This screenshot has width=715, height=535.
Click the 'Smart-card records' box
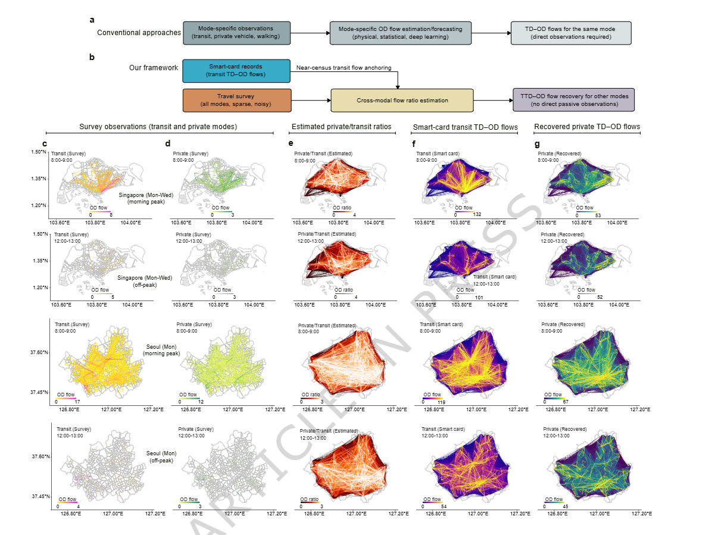(x=236, y=71)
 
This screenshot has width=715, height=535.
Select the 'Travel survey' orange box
(x=237, y=101)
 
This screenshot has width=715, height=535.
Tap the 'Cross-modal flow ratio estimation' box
(x=402, y=101)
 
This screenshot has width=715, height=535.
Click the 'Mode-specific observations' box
(x=236, y=33)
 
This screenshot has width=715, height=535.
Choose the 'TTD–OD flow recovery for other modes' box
(x=574, y=100)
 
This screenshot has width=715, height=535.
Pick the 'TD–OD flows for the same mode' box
(x=571, y=33)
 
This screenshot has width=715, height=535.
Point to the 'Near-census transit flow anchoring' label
(x=344, y=68)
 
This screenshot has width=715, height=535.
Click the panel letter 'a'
(x=92, y=20)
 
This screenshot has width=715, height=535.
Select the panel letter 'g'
(x=537, y=143)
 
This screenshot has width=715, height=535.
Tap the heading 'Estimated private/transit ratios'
(x=341, y=127)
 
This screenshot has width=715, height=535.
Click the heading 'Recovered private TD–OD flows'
(x=587, y=127)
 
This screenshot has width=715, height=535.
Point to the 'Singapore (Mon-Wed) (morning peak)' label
(x=146, y=198)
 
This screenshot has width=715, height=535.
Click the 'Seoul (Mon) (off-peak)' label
(x=161, y=457)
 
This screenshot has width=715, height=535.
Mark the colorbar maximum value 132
(x=477, y=214)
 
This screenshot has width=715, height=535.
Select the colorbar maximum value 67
(x=566, y=402)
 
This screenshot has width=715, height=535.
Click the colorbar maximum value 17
(x=77, y=402)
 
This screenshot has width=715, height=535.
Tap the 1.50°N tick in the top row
(x=39, y=152)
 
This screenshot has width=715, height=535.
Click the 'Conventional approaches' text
(x=139, y=33)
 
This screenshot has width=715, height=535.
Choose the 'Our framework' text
(x=154, y=68)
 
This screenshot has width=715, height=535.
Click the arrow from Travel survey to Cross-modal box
(x=311, y=101)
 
